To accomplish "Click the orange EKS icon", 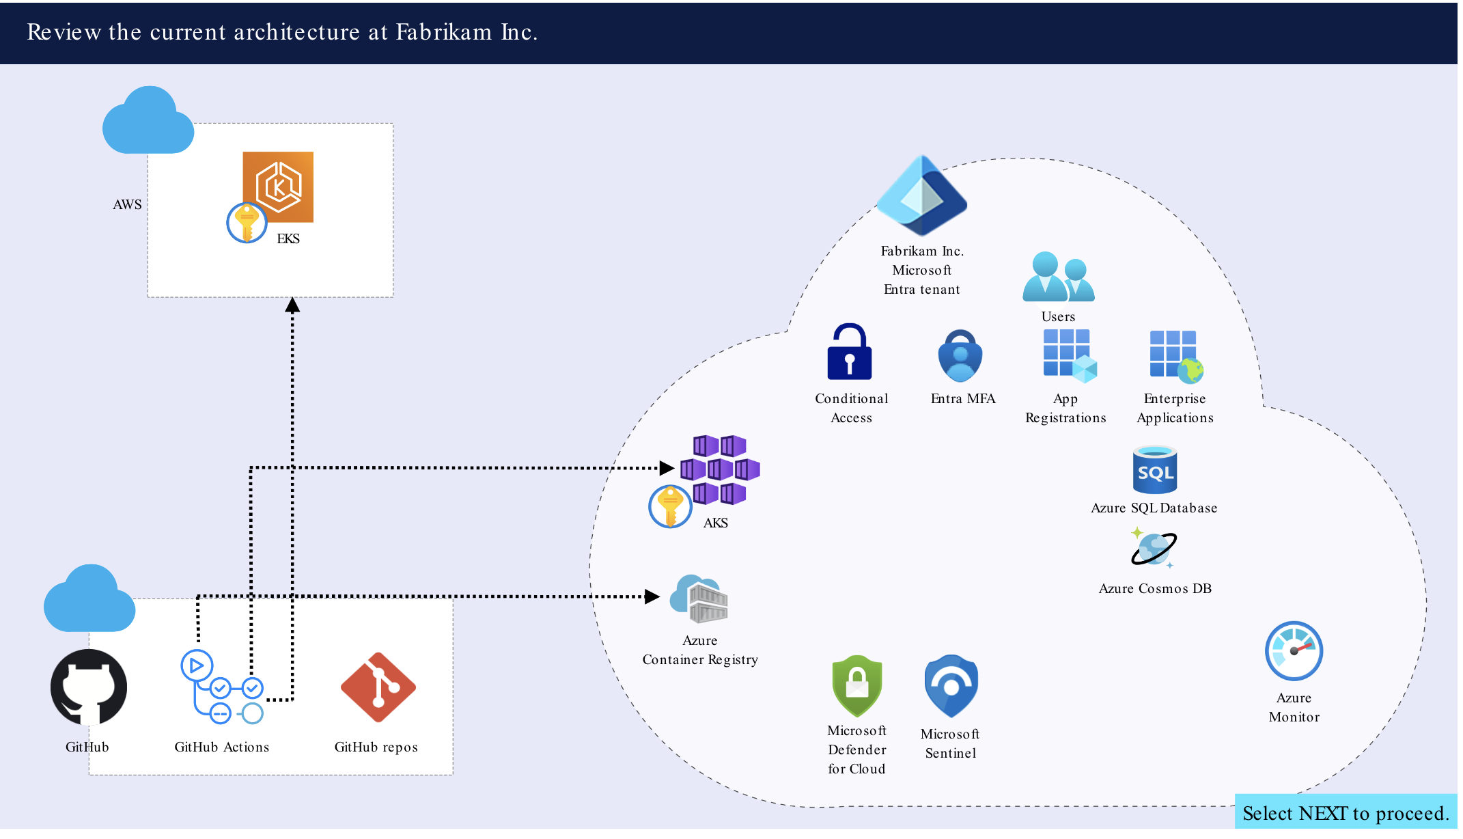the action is tap(278, 187).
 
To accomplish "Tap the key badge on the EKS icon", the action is tap(247, 223).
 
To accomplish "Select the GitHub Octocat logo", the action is tap(89, 687).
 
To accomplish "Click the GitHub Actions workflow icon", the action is tap(222, 687).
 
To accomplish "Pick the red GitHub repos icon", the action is tap(378, 687).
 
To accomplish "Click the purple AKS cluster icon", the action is tap(720, 469).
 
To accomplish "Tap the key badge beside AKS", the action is tap(670, 506).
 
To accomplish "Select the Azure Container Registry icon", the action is tap(699, 599).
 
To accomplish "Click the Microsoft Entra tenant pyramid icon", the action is tap(921, 196).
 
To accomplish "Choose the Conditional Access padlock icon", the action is tap(850, 351).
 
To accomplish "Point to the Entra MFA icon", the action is tap(960, 356).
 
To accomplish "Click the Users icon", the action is tap(1059, 277).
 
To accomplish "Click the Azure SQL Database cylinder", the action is tap(1155, 469).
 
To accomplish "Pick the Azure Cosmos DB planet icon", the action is tap(1154, 548).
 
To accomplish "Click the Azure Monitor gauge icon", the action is tap(1294, 651).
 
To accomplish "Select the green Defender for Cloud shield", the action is tap(857, 686).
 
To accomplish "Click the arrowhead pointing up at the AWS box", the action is tap(292, 305).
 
